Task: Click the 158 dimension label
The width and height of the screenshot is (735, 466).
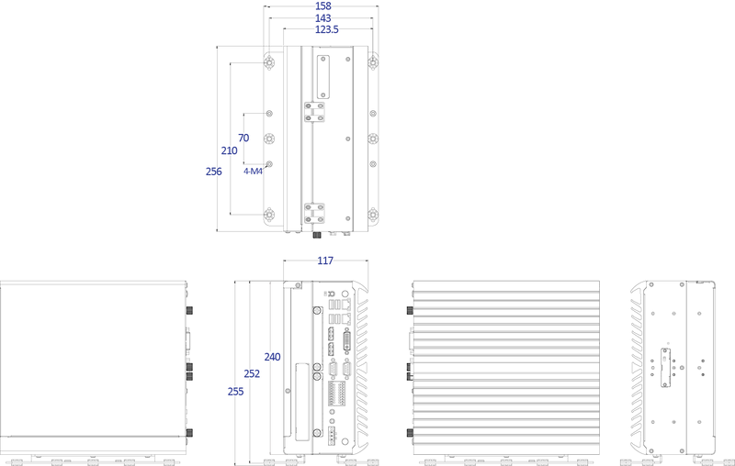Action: click(323, 6)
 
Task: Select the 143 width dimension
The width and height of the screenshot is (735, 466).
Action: click(323, 18)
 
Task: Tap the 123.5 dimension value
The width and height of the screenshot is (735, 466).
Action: click(327, 29)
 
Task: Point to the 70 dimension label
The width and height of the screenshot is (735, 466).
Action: click(243, 138)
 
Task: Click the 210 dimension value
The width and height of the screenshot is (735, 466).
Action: click(229, 150)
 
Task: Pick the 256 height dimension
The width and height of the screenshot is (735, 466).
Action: click(214, 172)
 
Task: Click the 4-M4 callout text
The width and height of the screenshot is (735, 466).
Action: click(253, 172)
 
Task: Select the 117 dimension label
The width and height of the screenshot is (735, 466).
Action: click(325, 261)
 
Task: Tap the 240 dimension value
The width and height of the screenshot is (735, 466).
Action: click(272, 357)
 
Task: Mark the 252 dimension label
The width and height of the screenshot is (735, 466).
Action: click(252, 374)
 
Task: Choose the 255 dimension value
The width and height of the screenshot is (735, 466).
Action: click(236, 392)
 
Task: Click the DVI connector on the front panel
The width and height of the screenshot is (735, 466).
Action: click(347, 340)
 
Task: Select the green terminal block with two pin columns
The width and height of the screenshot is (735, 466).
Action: click(337, 394)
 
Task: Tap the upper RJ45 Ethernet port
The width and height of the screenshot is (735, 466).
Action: click(347, 305)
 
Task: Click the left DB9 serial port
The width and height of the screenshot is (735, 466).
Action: click(333, 370)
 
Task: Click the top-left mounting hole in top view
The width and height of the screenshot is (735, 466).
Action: click(269, 61)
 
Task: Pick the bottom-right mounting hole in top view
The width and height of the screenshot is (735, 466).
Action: click(373, 216)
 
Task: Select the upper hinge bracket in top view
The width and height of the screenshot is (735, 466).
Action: click(314, 112)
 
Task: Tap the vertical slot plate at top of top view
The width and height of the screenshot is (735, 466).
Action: click(323, 77)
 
